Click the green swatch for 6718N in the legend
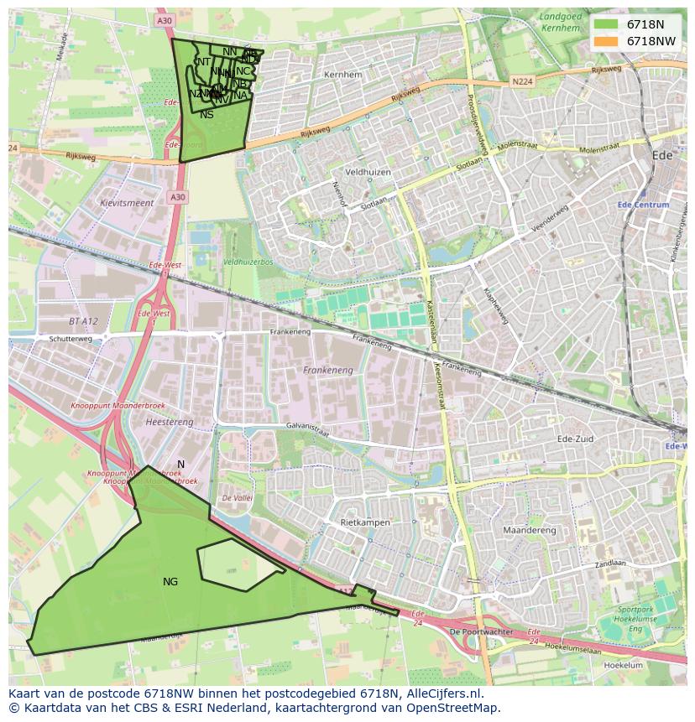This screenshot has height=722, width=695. pos(605,24)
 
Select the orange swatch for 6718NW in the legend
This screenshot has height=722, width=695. pos(605,41)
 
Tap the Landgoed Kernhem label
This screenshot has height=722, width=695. pos(560,22)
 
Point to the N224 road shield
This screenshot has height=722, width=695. pos(522,81)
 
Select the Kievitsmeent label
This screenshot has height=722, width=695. pos(127,203)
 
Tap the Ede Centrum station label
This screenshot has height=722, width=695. pos(643,205)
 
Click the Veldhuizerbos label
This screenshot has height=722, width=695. pos(249,262)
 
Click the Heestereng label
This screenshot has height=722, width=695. pos(169,422)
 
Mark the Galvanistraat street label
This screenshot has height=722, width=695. pos(307,429)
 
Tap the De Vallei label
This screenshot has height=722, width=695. pos(238,498)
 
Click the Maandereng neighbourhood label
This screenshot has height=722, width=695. pos(529,530)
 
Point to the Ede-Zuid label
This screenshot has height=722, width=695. pos(576,439)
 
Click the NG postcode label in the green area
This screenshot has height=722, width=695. pos(170,581)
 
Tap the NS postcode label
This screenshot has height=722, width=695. pos(206,115)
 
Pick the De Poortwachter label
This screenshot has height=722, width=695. pos(481,631)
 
